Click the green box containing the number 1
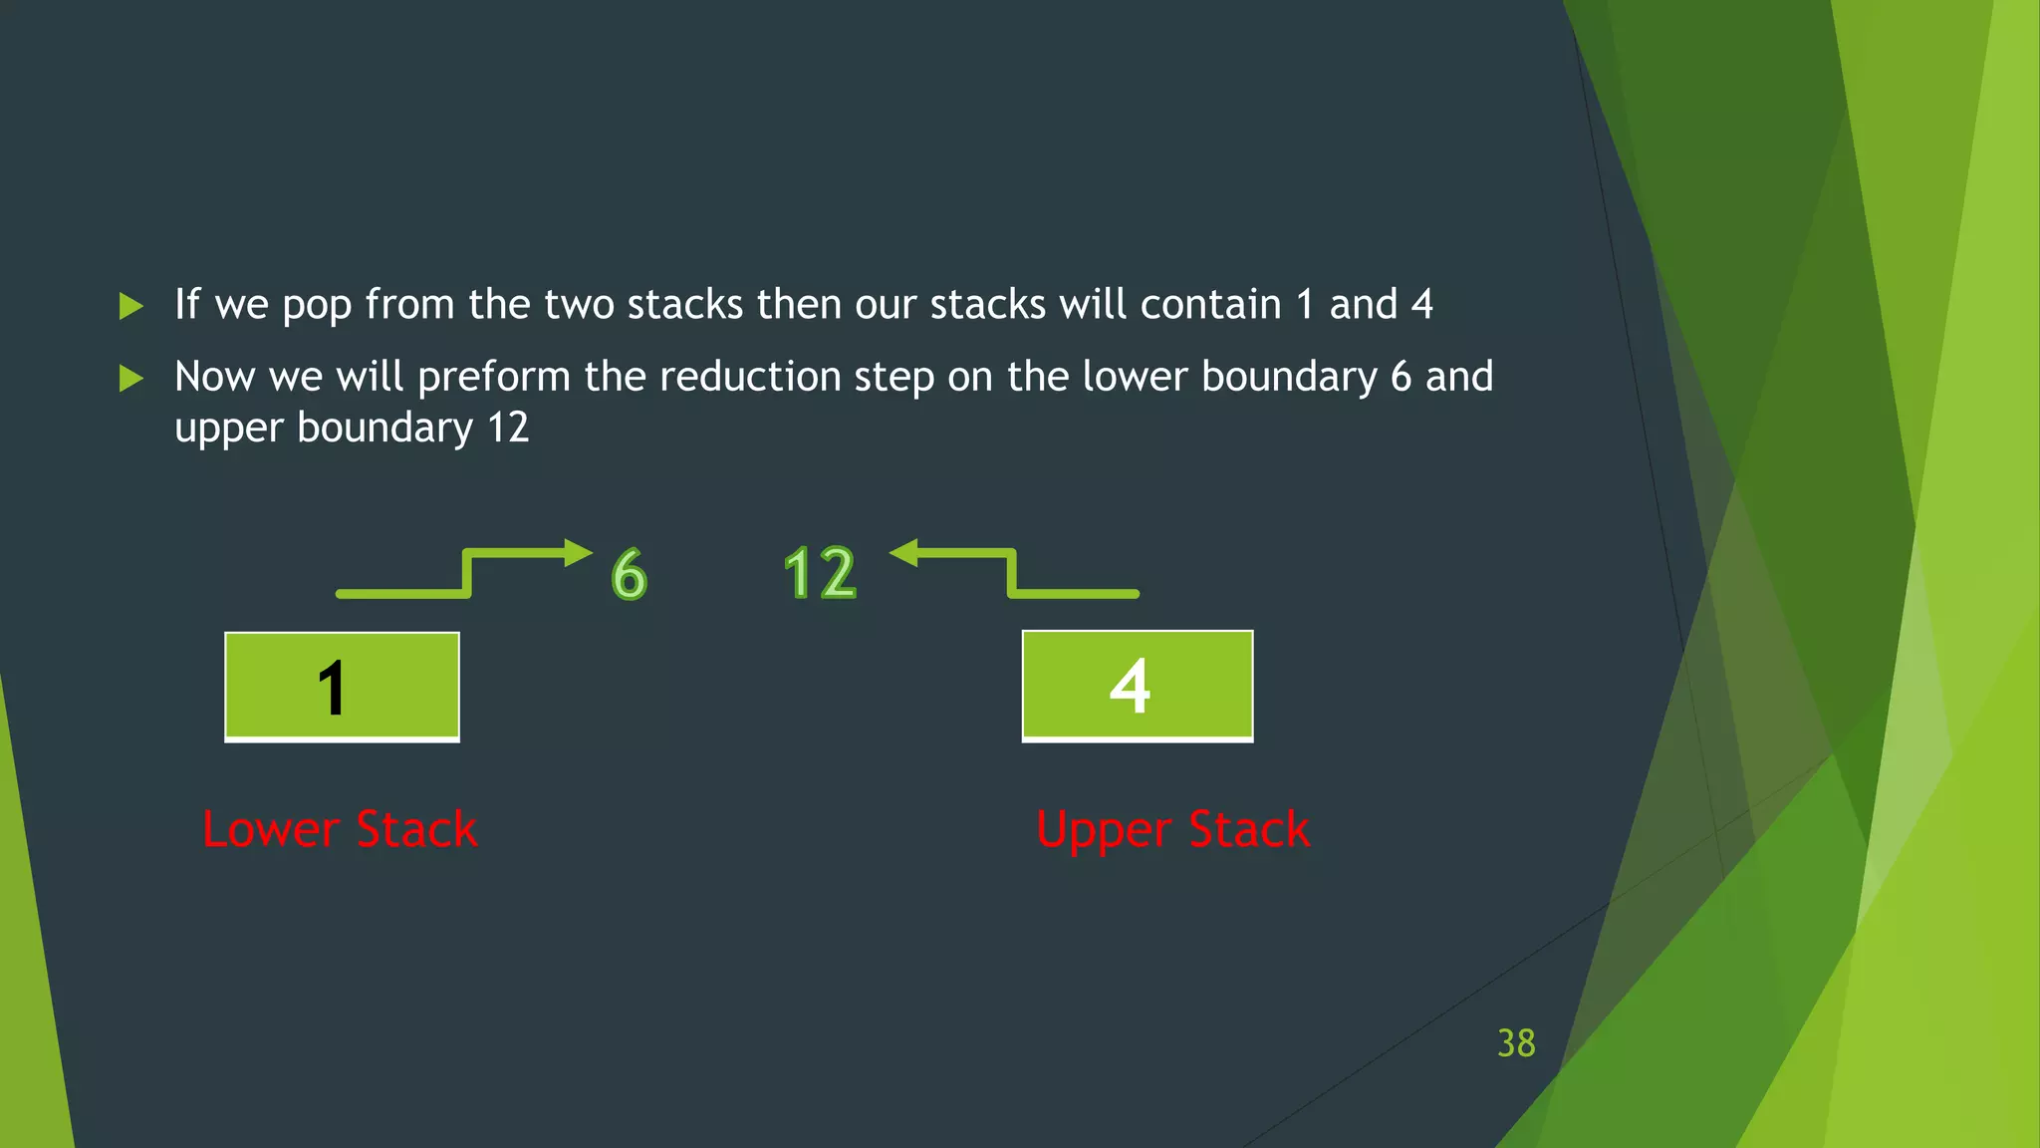coord(342,686)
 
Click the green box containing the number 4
coord(1138,685)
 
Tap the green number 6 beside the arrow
coord(629,574)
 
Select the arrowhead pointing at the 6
coord(578,553)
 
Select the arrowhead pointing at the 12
coord(903,552)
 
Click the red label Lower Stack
coord(340,830)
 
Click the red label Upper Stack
coord(1172,830)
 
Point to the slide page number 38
coord(1516,1043)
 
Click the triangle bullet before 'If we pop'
coord(131,306)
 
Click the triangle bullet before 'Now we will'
coord(131,379)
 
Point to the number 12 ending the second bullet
coord(508,429)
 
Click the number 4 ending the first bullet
coord(1421,305)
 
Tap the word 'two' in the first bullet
coord(579,305)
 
